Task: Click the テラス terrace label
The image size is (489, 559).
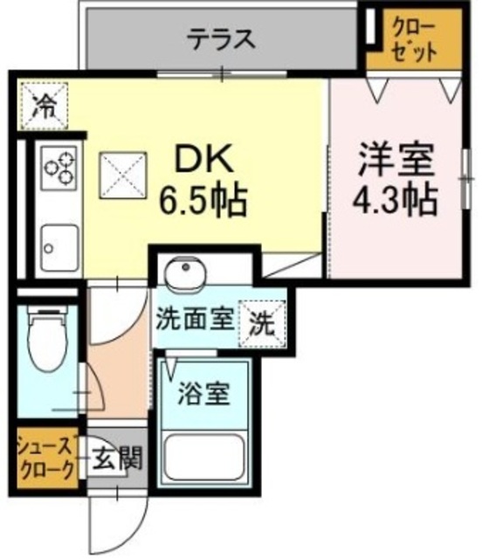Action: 221,38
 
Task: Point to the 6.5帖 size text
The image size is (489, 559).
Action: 203,202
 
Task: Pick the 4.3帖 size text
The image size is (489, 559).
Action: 394,202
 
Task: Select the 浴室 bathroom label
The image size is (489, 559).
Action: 206,394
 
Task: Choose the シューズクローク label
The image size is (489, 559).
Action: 49,456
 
